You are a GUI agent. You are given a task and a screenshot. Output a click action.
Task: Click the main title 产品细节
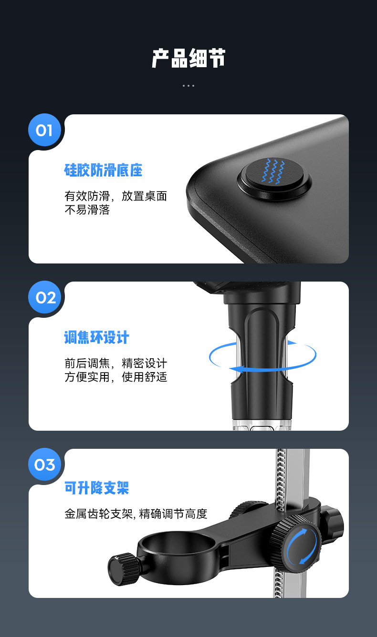188,59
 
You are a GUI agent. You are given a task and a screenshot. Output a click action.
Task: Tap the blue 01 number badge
44,130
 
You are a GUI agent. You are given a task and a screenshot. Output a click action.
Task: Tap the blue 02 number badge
45,298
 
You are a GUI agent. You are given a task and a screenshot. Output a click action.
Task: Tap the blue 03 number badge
45,465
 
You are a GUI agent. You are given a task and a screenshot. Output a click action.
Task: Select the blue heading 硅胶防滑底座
104,171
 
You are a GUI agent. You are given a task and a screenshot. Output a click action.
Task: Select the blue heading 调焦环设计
97,338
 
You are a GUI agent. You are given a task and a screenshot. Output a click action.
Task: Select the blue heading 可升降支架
97,488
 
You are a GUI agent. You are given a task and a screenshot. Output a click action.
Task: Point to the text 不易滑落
87,210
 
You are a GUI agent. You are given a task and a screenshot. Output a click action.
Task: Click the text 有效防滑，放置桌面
116,196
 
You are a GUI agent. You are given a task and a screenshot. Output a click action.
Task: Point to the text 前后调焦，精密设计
116,364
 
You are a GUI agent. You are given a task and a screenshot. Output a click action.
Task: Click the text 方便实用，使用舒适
116,378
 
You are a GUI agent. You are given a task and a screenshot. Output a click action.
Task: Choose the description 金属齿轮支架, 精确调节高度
136,514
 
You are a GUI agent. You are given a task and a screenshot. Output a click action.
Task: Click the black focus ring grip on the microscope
262,353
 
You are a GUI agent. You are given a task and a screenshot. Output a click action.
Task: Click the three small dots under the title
188,86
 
